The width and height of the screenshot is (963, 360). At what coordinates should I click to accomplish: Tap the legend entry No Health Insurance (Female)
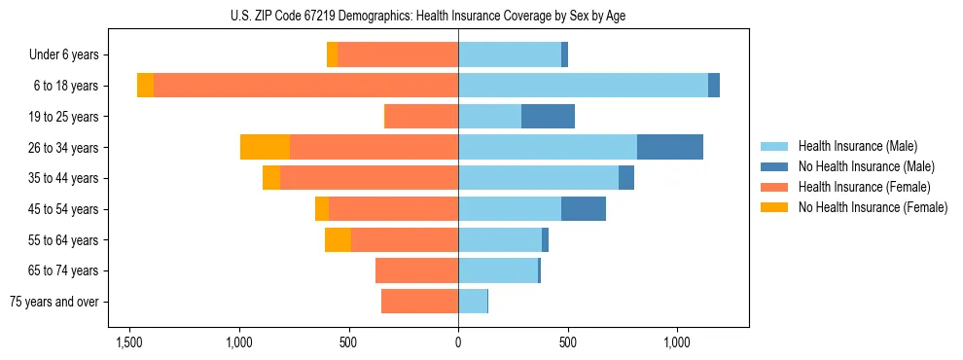tap(873, 207)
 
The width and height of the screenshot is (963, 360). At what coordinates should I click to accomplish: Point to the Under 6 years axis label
tap(63, 55)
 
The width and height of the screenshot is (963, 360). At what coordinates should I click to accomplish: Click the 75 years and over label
tap(54, 302)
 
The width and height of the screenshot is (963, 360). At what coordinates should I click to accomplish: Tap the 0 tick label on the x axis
tap(458, 342)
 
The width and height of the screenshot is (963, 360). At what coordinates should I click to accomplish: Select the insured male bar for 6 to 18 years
tap(583, 86)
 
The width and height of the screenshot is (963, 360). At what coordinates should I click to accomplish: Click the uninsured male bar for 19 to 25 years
tap(548, 117)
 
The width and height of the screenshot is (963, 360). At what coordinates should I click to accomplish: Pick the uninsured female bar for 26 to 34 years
tap(265, 147)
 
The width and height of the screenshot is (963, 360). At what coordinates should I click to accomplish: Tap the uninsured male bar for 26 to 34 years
tap(669, 147)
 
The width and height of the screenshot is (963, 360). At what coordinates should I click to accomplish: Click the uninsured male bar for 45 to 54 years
tap(584, 209)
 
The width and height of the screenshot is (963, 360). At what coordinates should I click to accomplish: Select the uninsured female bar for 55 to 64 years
tap(338, 239)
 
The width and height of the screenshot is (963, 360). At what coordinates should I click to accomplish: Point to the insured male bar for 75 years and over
tap(473, 302)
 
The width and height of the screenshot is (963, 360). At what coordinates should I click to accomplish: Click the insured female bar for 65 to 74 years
tap(416, 270)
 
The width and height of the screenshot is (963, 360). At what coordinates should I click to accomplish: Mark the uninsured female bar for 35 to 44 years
tap(271, 178)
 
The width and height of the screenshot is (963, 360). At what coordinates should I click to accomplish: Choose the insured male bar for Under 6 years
tap(510, 55)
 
